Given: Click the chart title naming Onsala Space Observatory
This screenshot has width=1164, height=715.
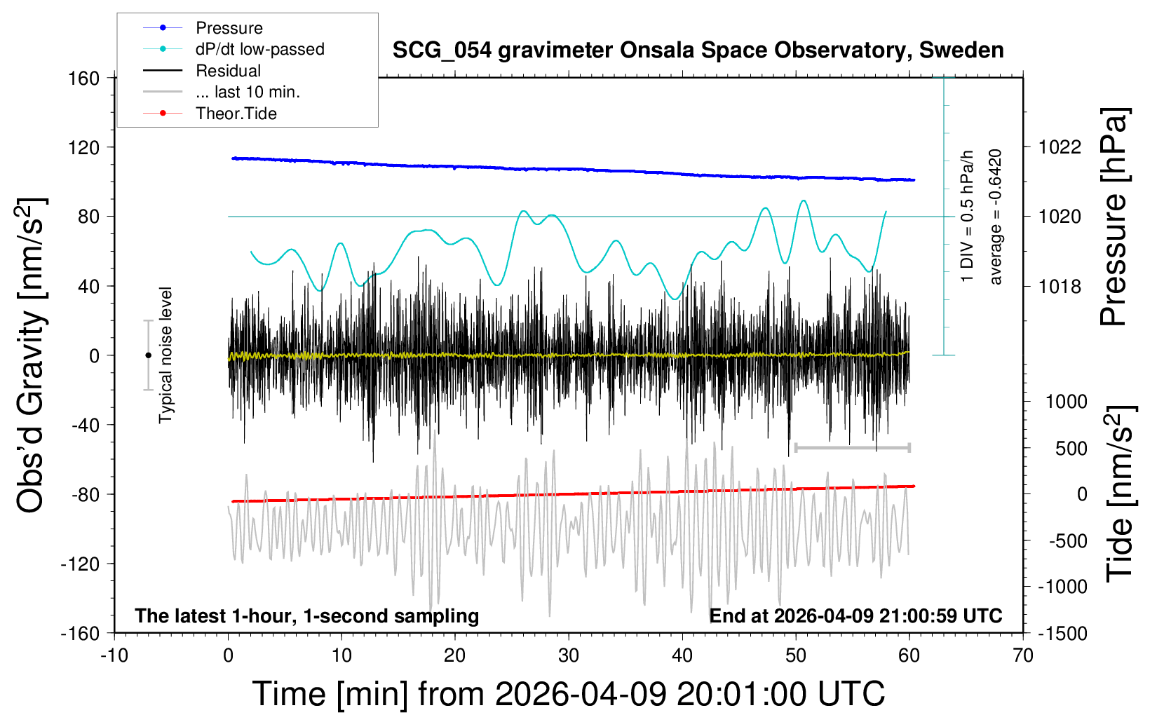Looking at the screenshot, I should coord(698,50).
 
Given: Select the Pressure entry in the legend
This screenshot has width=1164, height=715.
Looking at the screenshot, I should coord(229,28).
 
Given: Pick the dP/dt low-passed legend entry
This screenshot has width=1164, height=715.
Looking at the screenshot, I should coord(259,49).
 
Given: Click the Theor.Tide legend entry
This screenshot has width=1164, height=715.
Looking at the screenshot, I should coord(236,114).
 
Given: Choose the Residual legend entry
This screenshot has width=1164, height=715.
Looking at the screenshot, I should coord(228,71).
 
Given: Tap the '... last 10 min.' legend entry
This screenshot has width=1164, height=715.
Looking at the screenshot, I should coord(248,92).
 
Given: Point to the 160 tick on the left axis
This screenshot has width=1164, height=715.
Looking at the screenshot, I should coord(84,78).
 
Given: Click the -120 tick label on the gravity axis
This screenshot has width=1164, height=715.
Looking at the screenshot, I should coord(80,564).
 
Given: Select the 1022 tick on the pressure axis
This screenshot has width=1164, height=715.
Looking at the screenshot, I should coord(1060,147).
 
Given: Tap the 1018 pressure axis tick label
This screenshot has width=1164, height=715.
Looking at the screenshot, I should coord(1060,286).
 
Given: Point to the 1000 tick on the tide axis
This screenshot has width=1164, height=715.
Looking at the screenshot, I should coord(1067,402).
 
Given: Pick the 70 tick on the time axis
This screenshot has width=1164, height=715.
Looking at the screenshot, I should coord(1023,656).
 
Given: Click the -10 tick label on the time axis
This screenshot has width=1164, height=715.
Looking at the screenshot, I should coord(114,656).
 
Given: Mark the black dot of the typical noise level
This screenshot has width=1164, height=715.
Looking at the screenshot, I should coord(148,355).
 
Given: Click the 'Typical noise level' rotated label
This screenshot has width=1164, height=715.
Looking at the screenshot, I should coord(165,355).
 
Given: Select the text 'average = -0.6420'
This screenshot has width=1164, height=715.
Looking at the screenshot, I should coord(996,217).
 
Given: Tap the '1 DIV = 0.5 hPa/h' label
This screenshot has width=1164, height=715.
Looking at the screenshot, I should coord(968,217).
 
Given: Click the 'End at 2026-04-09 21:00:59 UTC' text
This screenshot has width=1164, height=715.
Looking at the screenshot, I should coord(855,616).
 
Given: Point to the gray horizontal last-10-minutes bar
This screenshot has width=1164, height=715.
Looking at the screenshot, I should coord(852,447).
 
